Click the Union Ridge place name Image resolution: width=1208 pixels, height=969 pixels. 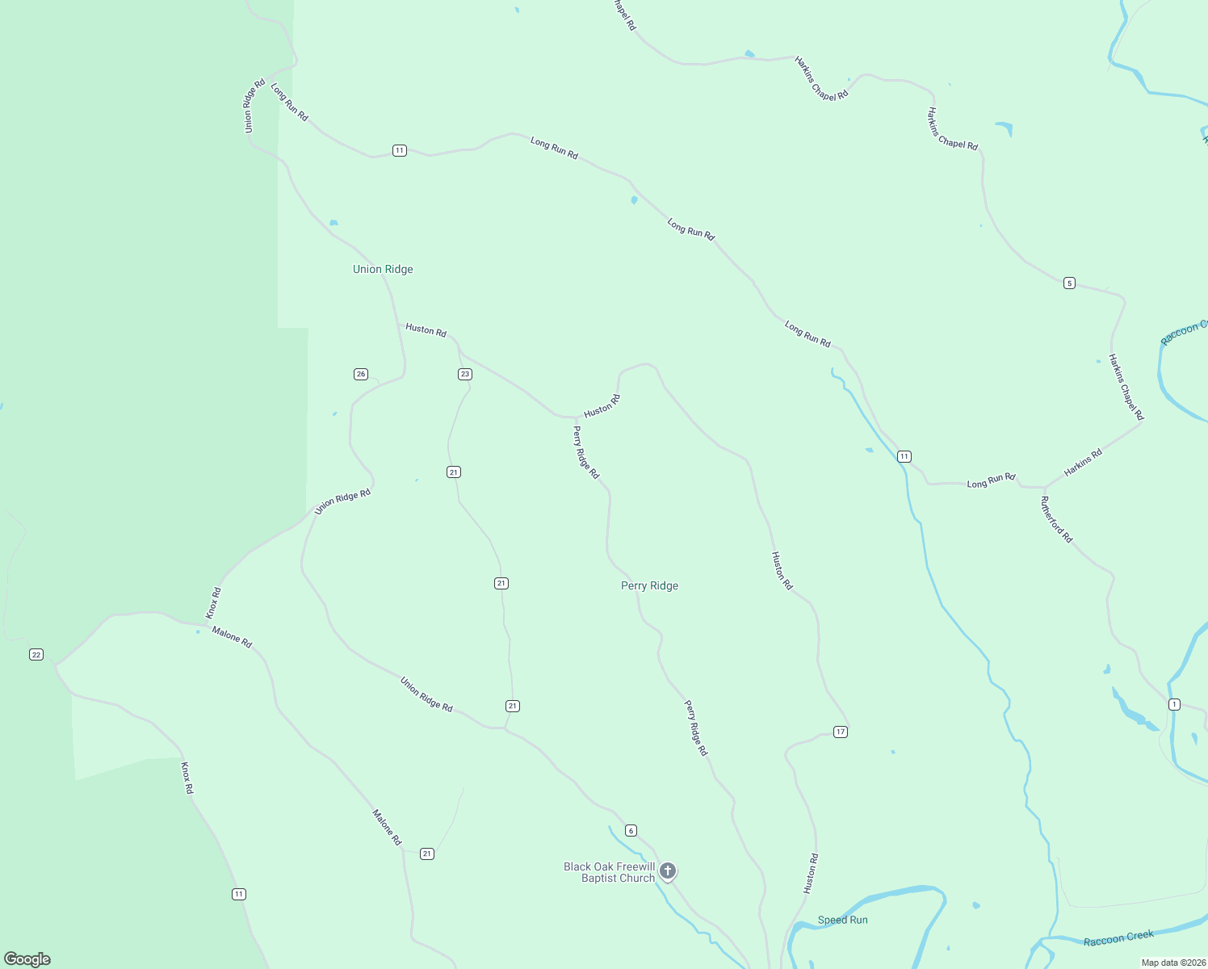tap(383, 269)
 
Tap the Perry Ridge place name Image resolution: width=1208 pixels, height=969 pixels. tap(649, 585)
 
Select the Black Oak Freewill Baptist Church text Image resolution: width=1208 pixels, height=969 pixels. tap(610, 872)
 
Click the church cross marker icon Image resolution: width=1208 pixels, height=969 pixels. tap(667, 870)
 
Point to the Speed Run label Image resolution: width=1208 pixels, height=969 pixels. tap(842, 920)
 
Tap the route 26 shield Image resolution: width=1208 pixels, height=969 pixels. tap(361, 374)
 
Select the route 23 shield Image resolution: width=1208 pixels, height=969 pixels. tap(464, 374)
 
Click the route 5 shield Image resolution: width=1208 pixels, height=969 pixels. tap(1069, 283)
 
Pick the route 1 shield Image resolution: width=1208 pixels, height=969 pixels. tap(1174, 704)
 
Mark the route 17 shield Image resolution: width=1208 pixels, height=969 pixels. tap(841, 732)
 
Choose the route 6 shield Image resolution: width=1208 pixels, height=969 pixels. tap(631, 830)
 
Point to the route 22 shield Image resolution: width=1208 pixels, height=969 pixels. tap(36, 654)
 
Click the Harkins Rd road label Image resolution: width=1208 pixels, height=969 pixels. tap(1083, 463)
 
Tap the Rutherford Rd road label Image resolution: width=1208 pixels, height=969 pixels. tap(1056, 519)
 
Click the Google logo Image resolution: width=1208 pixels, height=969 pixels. tap(27, 959)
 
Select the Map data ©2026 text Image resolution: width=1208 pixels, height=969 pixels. tap(1173, 963)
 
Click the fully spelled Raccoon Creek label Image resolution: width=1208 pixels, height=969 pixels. tap(1118, 938)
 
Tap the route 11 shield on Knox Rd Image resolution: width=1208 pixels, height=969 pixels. tap(238, 894)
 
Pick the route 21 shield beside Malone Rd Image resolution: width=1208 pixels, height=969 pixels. tap(427, 854)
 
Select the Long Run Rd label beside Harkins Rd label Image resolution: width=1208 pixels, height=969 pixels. tap(991, 481)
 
